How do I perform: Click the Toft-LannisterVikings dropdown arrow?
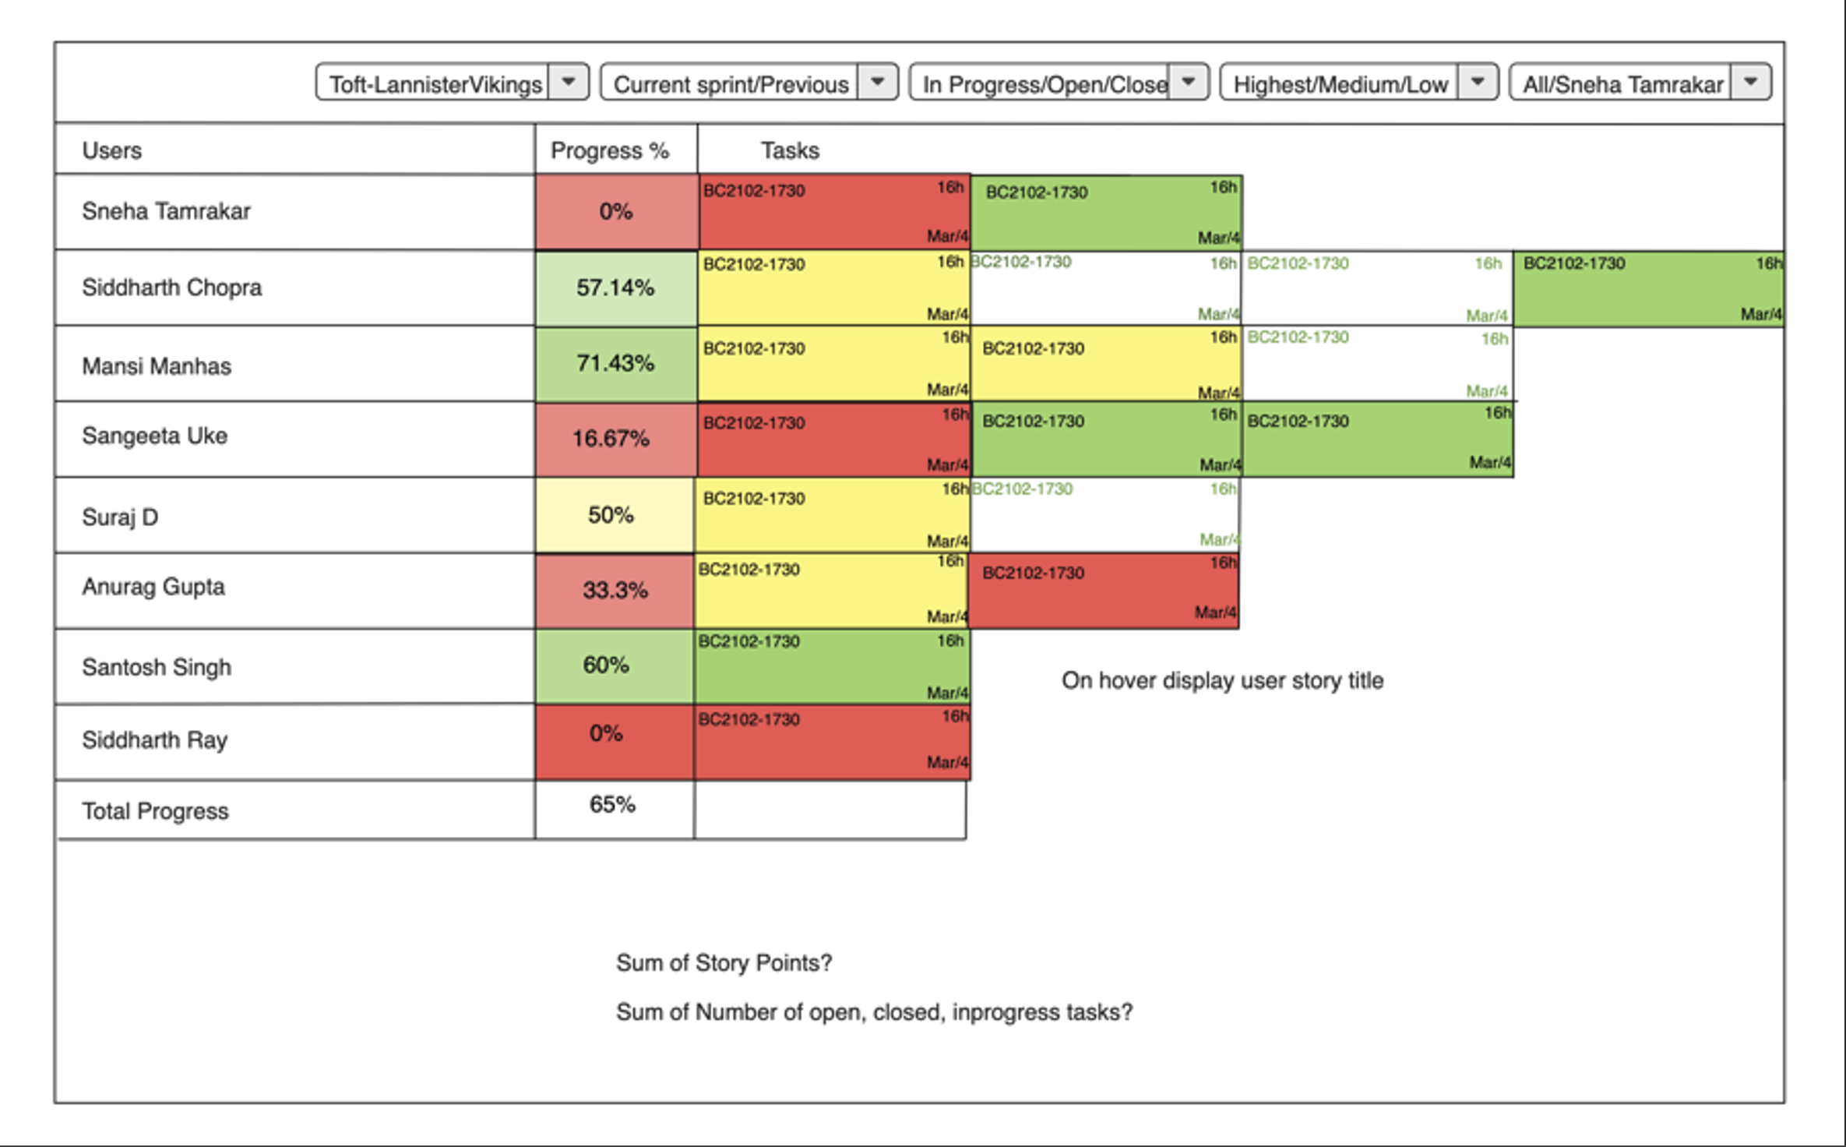pos(569,83)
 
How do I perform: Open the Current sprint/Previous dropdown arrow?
pos(877,83)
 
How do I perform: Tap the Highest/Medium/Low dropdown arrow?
pos(1477,83)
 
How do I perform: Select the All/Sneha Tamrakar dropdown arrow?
pos(1751,83)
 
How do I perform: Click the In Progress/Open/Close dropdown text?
pos(1044,84)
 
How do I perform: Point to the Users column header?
pos(112,150)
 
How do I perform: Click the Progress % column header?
pos(609,150)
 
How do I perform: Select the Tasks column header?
pos(790,150)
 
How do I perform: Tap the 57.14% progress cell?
pos(615,288)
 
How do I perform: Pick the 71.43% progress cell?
pos(615,363)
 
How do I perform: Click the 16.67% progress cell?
pos(611,439)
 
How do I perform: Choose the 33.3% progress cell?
pos(615,590)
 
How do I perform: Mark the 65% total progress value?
pos(612,805)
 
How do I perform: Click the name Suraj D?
pos(120,517)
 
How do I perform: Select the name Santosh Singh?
pos(157,668)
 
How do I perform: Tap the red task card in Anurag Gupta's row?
pos(1103,591)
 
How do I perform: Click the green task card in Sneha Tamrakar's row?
pos(1106,213)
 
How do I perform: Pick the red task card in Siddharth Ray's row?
pos(832,742)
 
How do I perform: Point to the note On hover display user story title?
pos(1222,681)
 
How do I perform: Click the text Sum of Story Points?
pos(724,963)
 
